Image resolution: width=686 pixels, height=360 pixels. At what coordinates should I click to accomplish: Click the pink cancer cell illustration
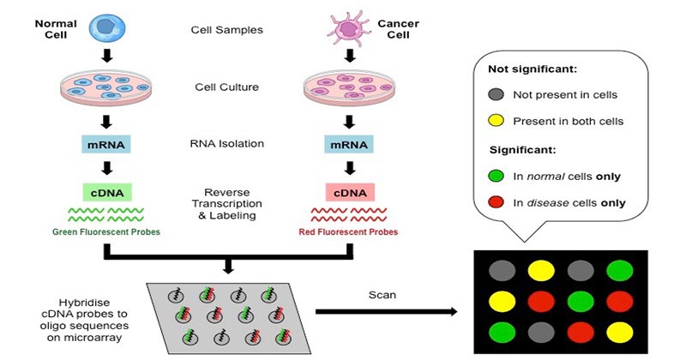point(347,27)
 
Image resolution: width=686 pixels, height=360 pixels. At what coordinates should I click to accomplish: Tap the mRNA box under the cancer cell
point(348,143)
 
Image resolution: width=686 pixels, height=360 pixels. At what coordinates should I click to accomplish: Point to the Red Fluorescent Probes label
point(348,231)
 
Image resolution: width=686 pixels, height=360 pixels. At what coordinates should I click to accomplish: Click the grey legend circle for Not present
point(496,94)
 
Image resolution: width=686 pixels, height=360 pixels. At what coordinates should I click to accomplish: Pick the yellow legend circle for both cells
point(496,120)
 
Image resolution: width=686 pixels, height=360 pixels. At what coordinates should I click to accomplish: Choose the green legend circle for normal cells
point(496,177)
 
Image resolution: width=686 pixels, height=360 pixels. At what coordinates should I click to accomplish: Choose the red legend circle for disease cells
point(496,203)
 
